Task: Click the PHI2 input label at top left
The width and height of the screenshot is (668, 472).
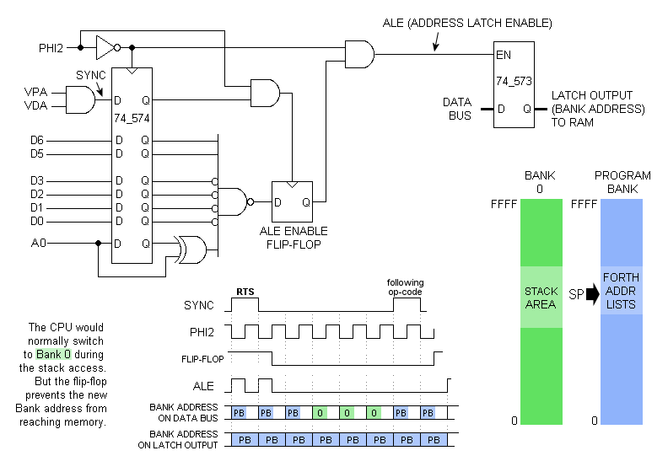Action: (x=51, y=47)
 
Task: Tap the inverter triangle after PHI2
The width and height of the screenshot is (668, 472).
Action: (x=105, y=46)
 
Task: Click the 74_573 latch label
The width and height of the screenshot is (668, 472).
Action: (x=514, y=82)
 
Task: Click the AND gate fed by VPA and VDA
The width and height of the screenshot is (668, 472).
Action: (x=81, y=101)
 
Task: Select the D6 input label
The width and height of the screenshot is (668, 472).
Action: (x=37, y=139)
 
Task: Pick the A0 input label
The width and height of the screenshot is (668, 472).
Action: (x=37, y=244)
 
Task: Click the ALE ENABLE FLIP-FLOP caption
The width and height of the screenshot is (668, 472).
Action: (x=294, y=238)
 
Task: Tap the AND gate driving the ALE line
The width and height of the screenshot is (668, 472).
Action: (x=360, y=54)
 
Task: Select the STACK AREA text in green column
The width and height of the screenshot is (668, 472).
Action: (x=541, y=298)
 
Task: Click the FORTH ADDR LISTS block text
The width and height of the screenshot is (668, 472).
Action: (x=622, y=291)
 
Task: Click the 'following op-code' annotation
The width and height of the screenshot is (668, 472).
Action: (x=405, y=287)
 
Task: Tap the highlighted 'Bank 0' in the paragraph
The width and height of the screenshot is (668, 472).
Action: (x=54, y=355)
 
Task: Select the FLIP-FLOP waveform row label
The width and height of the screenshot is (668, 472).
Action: (x=203, y=358)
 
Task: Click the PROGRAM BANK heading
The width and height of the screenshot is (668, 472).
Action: (x=622, y=181)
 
